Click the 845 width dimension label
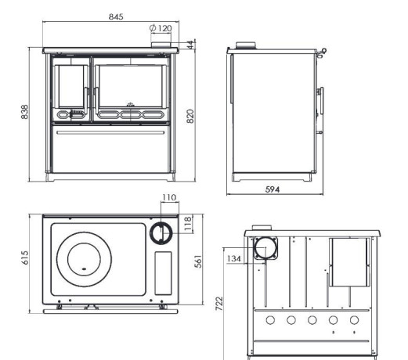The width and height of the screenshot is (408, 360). (116, 16)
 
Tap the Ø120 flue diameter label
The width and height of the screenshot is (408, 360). (161, 28)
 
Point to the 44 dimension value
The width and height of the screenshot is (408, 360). (191, 45)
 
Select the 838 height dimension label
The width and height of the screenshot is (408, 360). (24, 112)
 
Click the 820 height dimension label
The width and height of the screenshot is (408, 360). (191, 116)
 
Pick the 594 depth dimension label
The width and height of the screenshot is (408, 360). (273, 189)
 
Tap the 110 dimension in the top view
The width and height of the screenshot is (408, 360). (169, 197)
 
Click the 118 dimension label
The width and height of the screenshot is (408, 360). (188, 224)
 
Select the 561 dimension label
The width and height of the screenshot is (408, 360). (198, 261)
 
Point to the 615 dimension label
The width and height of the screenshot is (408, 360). (25, 257)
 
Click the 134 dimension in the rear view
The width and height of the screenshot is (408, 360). (234, 258)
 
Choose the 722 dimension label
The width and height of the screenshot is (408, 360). (219, 304)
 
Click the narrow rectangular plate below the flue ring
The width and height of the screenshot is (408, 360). (164, 273)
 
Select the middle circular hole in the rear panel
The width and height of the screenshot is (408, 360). (312, 320)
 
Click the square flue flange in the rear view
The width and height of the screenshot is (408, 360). (265, 248)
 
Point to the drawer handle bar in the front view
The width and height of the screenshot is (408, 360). (110, 132)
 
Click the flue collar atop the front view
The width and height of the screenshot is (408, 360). (161, 45)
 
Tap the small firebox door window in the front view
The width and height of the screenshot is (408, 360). (71, 86)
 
